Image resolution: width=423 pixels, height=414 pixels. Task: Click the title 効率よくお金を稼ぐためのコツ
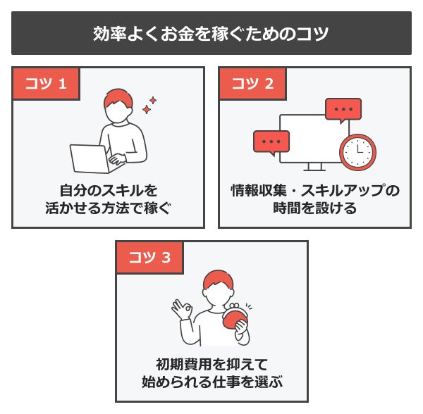coord(211,33)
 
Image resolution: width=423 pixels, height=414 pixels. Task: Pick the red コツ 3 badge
coord(149,258)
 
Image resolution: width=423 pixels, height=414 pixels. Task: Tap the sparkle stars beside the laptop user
coord(149,106)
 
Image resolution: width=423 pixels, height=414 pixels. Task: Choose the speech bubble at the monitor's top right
coord(343,111)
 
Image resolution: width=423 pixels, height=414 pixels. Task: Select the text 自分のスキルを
coord(108,191)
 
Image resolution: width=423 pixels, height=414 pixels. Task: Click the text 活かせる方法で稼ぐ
coord(108,209)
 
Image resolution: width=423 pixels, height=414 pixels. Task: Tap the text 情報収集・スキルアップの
coord(314,191)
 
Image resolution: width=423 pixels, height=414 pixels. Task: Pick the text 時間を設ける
coord(314,209)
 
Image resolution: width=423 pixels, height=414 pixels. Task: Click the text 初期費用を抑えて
coord(211,365)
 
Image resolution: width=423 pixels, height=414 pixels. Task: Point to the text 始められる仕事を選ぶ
coord(211,383)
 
